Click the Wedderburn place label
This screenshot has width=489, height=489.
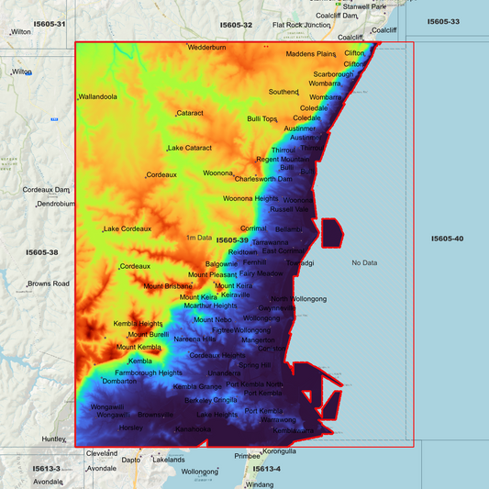[206, 47]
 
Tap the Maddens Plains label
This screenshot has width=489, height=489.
[312, 54]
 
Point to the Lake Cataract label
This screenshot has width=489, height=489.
[190, 148]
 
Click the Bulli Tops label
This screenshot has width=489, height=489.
[262, 118]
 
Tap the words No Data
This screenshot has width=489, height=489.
[364, 263]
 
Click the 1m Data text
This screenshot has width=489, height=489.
[199, 238]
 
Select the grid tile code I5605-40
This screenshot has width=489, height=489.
[447, 239]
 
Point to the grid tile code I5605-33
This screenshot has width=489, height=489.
[443, 21]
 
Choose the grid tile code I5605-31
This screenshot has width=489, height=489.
[49, 24]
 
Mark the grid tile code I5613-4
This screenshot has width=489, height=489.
[265, 469]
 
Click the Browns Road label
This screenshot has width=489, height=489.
[49, 283]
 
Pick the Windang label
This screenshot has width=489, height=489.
[261, 484]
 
